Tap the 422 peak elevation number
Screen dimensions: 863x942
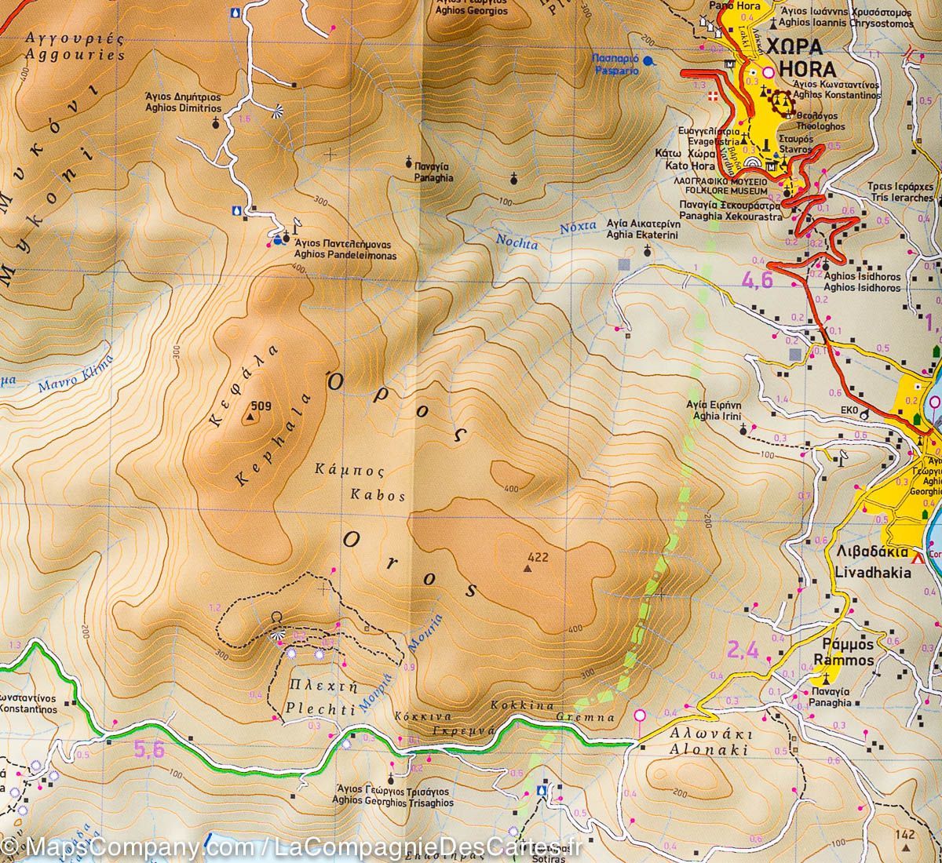tap(538, 558)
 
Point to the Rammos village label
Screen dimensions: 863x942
tap(843, 661)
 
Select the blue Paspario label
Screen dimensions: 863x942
tap(617, 71)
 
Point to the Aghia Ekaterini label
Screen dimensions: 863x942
tap(644, 234)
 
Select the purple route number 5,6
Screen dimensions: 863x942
tap(148, 751)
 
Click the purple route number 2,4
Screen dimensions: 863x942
tap(743, 650)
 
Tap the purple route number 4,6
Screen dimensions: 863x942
tap(758, 280)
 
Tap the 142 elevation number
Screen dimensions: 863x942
tap(907, 835)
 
